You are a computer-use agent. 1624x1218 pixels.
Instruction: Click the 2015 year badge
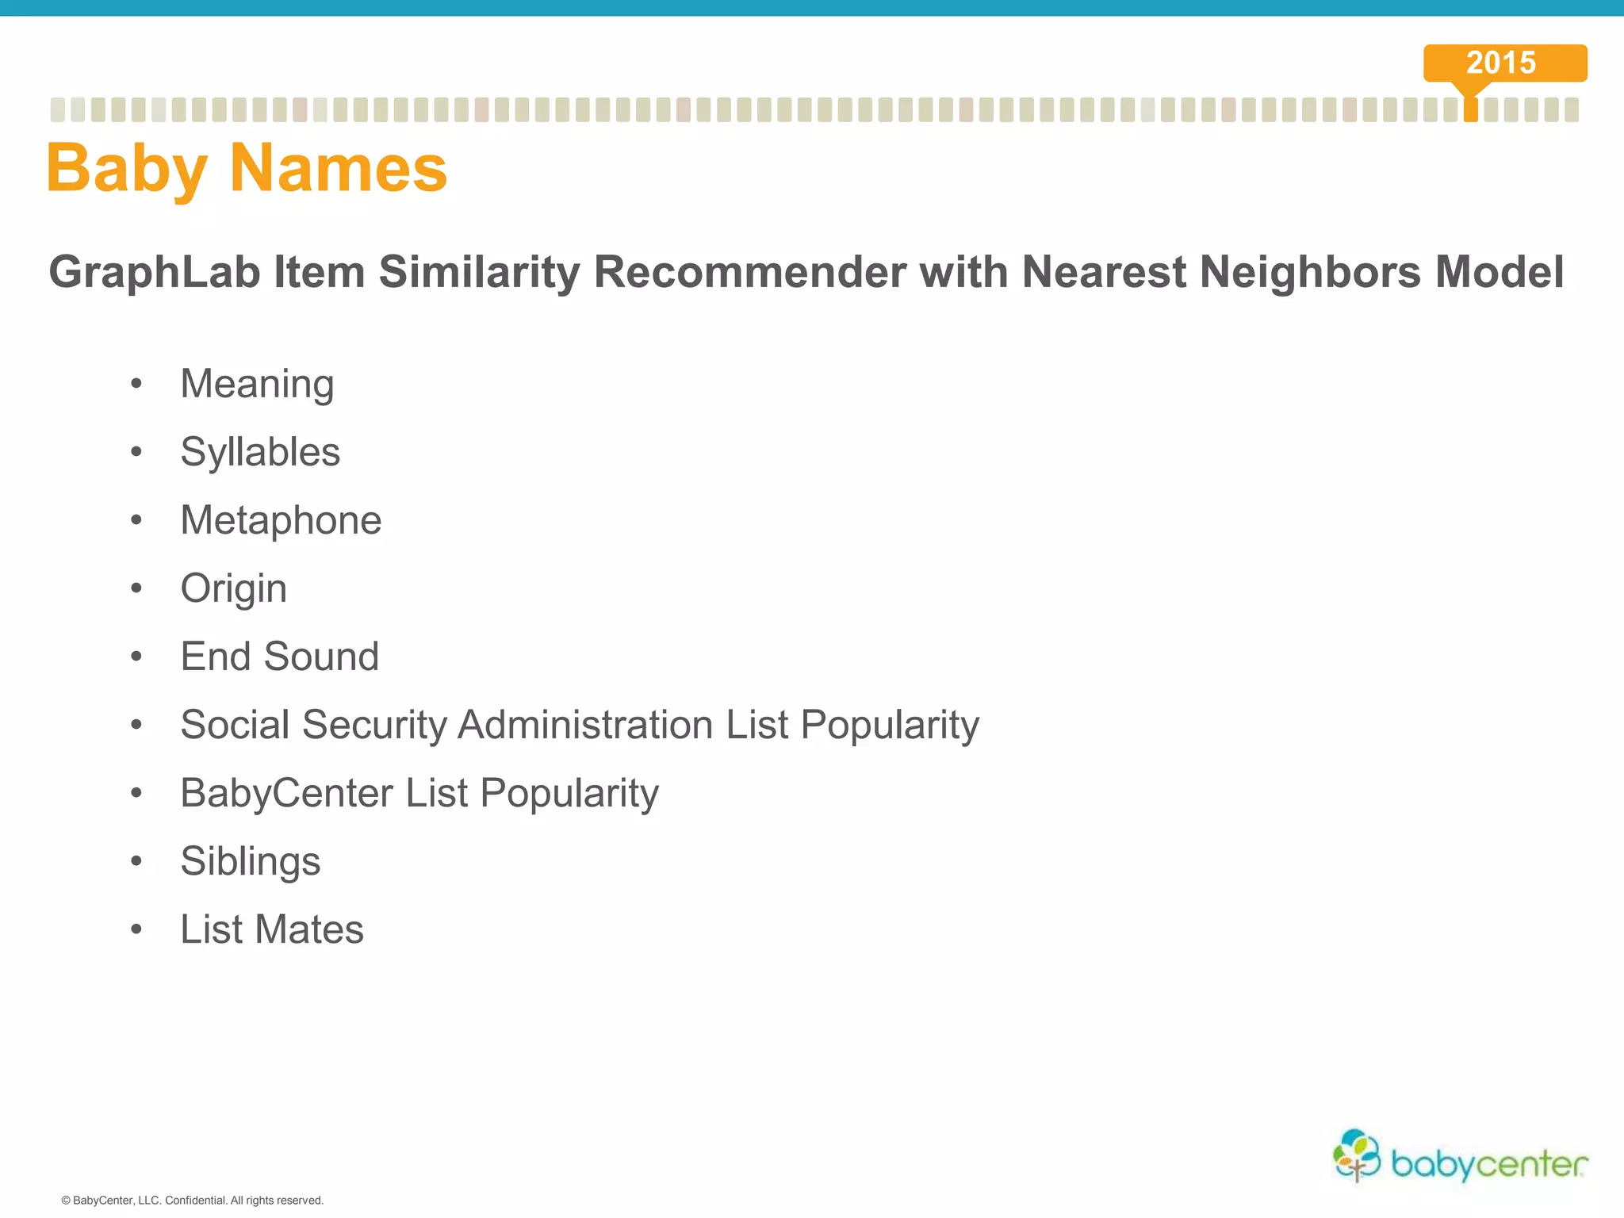1504,63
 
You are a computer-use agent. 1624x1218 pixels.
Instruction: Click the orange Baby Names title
247,168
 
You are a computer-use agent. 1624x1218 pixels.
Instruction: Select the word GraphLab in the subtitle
155,272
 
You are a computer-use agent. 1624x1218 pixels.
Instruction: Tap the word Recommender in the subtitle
749,272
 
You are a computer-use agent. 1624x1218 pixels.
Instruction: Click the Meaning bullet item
257,385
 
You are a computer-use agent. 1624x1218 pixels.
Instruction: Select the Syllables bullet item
260,453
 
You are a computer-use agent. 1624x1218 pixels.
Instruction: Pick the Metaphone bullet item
281,520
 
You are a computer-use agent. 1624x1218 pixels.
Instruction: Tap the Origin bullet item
233,589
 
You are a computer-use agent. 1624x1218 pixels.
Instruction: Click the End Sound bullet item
279,657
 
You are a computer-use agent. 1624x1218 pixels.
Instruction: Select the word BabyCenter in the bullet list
286,793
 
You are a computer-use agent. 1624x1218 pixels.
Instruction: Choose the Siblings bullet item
250,862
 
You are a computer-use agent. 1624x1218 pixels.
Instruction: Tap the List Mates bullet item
271,929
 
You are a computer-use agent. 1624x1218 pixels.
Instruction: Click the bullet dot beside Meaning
136,385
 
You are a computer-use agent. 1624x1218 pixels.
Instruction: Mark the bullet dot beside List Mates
136,929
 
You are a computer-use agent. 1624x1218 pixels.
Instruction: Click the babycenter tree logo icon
1357,1155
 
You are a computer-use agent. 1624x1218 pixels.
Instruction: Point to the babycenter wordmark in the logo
1489,1164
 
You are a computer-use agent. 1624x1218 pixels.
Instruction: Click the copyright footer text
192,1201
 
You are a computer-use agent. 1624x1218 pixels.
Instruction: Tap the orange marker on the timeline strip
1471,109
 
